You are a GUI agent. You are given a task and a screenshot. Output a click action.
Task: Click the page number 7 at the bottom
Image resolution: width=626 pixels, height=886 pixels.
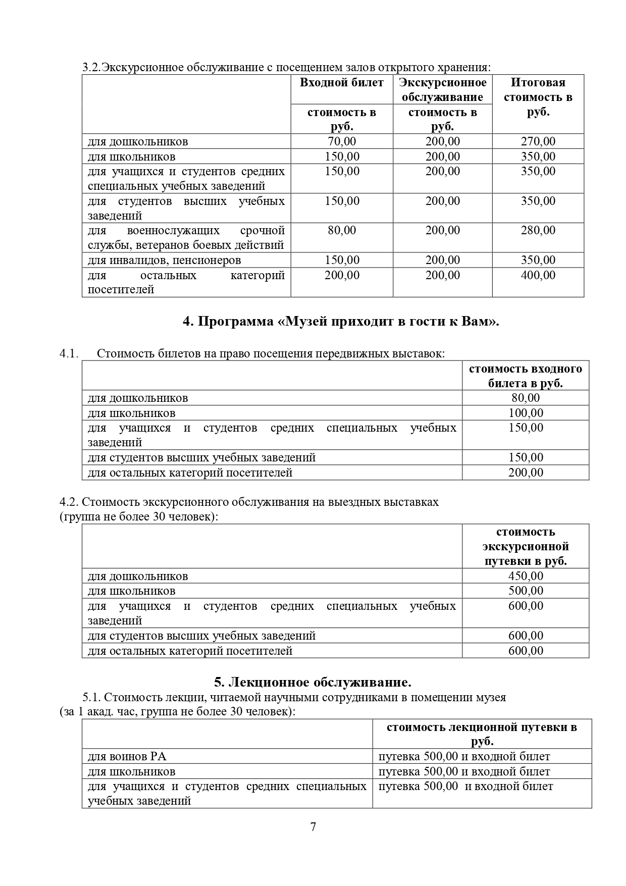313,827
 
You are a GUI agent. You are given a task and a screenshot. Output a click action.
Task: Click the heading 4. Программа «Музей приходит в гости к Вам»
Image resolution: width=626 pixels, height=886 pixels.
341,322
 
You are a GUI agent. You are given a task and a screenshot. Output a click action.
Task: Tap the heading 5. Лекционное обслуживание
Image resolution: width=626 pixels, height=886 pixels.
312,683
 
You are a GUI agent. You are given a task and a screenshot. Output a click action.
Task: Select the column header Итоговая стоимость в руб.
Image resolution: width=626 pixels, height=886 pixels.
538,97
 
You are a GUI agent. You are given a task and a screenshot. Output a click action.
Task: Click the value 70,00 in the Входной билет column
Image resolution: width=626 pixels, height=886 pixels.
342,141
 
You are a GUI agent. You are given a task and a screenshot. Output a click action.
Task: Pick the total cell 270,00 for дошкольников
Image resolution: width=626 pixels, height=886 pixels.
538,141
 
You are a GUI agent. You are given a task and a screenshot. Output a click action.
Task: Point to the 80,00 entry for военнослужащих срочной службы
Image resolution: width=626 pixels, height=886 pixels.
342,231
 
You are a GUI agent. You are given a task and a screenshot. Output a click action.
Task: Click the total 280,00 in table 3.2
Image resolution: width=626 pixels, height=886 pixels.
538,231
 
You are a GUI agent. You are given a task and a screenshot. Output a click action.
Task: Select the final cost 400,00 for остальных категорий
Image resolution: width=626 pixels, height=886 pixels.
538,275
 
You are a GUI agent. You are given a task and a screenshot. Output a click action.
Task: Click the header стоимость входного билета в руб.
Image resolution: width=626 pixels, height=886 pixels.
525,376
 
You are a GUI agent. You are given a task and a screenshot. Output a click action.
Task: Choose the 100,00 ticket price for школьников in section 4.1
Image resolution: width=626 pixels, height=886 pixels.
526,413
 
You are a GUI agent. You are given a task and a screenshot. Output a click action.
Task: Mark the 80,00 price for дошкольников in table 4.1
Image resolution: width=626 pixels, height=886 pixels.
526,398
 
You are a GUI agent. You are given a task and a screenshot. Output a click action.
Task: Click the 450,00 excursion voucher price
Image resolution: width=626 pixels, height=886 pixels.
526,576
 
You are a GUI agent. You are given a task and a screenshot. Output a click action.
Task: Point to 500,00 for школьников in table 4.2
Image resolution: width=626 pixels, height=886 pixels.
526,591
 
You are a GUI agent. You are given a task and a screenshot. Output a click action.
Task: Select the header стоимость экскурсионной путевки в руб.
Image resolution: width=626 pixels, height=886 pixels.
526,546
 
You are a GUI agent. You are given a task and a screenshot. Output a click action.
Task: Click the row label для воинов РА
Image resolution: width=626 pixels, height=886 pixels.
127,756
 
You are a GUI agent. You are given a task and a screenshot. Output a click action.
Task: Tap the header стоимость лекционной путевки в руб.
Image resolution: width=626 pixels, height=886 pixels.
482,734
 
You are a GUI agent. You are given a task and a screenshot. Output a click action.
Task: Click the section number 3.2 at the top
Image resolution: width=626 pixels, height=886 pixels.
91,68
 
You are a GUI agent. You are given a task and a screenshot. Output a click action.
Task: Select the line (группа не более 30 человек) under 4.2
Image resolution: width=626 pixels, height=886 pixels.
139,517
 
